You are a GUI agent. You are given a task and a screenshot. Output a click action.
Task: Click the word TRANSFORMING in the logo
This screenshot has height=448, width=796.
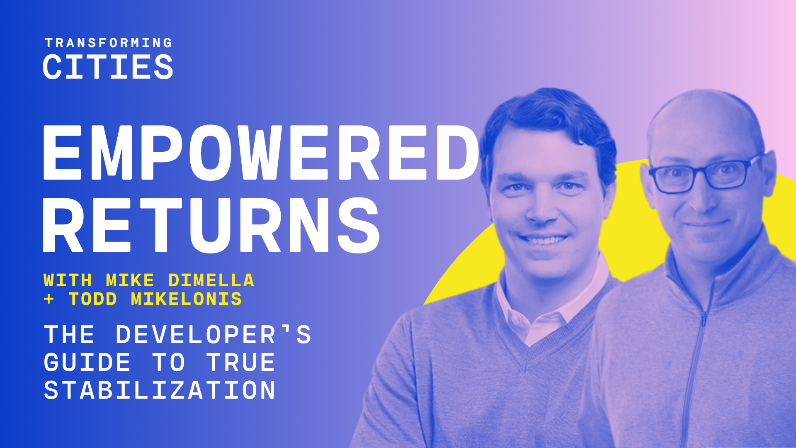click(x=108, y=43)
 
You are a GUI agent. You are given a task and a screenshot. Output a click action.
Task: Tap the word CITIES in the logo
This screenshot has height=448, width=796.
click(x=108, y=67)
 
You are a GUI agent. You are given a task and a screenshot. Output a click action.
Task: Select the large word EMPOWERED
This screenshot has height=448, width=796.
click(x=261, y=152)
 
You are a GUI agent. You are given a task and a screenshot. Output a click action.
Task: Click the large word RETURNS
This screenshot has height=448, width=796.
click(x=211, y=225)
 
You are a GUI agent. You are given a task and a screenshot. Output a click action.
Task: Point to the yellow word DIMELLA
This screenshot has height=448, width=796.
click(x=211, y=280)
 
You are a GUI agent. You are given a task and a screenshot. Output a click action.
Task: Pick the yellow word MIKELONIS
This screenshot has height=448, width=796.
click(x=186, y=299)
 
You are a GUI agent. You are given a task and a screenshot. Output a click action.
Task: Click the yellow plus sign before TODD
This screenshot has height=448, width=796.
click(x=49, y=299)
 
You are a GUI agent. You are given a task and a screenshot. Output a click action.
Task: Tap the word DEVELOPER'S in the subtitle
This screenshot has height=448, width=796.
click(x=213, y=334)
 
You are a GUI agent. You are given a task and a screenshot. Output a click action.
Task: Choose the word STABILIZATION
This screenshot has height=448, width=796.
click(x=160, y=390)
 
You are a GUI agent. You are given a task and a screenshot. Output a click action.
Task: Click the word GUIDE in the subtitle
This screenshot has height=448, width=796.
click(x=87, y=363)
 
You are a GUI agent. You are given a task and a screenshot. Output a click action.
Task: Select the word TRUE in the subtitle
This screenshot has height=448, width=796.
click(x=241, y=363)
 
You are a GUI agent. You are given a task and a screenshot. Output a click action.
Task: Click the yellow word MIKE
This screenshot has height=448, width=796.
click(x=130, y=280)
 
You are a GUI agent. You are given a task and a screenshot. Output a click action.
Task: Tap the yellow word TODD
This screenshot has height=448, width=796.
click(x=93, y=299)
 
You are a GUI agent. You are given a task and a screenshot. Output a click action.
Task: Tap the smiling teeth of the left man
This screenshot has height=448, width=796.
click(x=544, y=240)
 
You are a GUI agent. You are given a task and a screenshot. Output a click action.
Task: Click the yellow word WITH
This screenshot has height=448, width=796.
click(x=68, y=280)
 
